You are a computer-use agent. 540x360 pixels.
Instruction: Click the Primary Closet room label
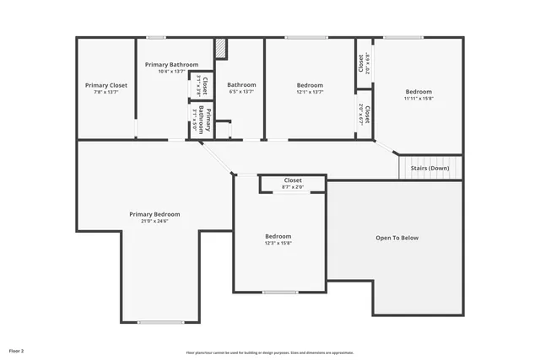point(106,85)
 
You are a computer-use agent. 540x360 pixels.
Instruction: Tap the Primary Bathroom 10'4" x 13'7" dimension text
point(171,72)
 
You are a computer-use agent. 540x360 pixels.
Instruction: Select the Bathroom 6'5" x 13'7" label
point(241,84)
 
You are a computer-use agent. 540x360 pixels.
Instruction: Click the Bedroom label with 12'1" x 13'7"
point(310,84)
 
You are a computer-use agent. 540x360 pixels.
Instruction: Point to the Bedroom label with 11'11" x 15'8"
point(418,91)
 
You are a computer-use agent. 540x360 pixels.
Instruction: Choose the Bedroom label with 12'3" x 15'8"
point(278,236)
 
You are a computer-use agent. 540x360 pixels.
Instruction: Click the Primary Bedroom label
point(154,214)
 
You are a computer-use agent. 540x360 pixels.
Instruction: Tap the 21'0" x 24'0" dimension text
point(154,221)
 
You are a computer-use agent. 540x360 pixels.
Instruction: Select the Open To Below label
point(397,238)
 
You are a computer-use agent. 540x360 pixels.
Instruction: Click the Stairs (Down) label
point(429,169)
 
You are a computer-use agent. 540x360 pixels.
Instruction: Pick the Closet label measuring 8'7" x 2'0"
point(293,180)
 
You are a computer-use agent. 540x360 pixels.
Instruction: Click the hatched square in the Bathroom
point(221,50)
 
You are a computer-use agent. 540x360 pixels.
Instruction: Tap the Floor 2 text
point(17,350)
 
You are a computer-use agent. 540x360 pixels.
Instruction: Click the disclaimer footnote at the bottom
point(270,352)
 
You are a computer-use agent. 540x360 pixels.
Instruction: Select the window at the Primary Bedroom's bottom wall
point(160,322)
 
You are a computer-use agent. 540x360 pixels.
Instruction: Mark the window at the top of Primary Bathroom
point(156,37)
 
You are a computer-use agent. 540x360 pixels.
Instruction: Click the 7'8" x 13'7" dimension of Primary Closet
point(106,92)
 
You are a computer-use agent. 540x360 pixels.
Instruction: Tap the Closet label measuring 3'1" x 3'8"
point(202,86)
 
